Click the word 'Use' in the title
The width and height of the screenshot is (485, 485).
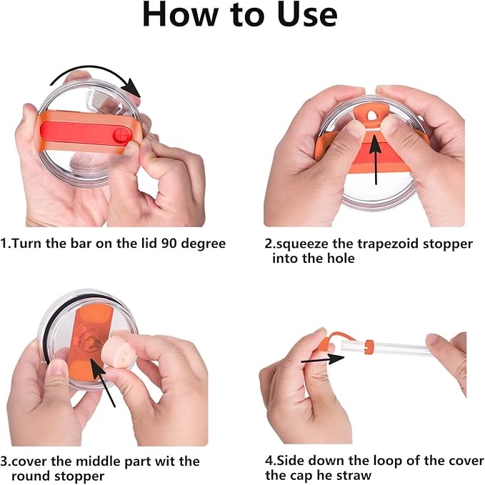[x=307, y=15]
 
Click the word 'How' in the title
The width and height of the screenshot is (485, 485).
[x=180, y=15]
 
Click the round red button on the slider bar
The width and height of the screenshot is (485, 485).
[x=120, y=136]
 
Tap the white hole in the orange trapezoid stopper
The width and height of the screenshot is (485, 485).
[x=371, y=116]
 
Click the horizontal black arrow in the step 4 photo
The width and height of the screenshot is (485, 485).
[x=323, y=359]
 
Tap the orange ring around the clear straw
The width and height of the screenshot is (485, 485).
[x=369, y=346]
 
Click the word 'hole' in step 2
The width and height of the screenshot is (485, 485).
[x=341, y=259]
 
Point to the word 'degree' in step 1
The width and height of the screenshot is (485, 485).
[x=204, y=244]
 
